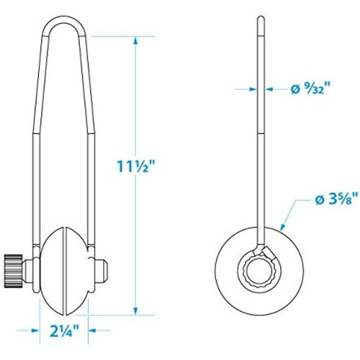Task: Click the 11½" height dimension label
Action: [x=136, y=166]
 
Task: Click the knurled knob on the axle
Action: [x=14, y=270]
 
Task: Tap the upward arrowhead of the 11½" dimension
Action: [x=136, y=41]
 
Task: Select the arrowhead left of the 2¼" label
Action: [x=35, y=330]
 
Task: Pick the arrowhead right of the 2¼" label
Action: [x=92, y=330]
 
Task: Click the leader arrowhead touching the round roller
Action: [x=283, y=227]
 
